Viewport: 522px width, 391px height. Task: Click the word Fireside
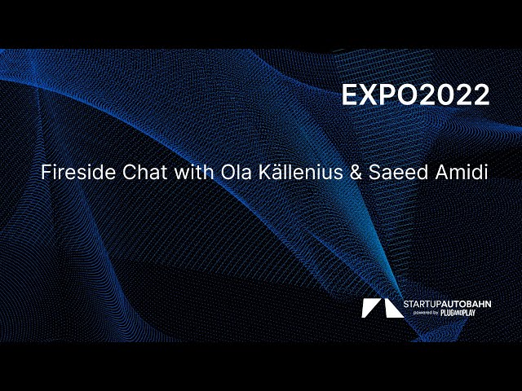click(x=75, y=174)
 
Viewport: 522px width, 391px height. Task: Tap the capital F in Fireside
click(x=46, y=174)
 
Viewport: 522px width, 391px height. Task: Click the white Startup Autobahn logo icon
click(x=378, y=307)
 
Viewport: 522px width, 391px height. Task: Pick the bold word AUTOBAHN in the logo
click(x=468, y=304)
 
